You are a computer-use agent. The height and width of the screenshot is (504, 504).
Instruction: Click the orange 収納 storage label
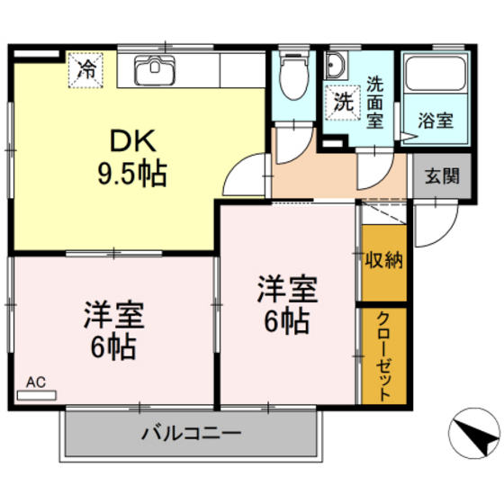(x=383, y=261)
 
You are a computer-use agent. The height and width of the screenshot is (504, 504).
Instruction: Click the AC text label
(x=34, y=382)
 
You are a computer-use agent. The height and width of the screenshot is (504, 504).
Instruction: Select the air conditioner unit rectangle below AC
(x=36, y=394)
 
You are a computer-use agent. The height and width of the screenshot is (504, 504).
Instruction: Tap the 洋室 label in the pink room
(x=115, y=317)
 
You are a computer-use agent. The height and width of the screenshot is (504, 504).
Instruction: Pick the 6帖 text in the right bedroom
(x=289, y=319)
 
